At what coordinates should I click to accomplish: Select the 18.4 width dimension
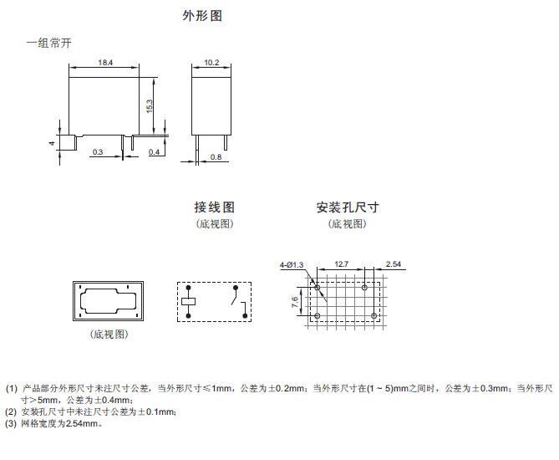(x=105, y=63)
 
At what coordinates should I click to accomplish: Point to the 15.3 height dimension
(x=149, y=105)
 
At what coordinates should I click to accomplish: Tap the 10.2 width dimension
(x=211, y=63)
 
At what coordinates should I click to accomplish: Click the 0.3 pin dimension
(x=99, y=151)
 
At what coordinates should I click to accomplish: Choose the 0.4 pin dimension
(x=155, y=151)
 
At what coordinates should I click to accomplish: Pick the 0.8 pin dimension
(x=216, y=157)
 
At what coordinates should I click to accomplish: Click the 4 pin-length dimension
(x=52, y=143)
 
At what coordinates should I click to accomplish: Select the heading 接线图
(x=215, y=207)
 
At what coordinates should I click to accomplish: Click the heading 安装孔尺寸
(x=347, y=207)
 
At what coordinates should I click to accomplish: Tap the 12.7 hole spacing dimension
(x=341, y=264)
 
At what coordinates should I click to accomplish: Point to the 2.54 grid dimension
(x=394, y=264)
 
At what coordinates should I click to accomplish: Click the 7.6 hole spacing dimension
(x=295, y=302)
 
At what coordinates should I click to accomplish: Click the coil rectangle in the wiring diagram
(x=191, y=299)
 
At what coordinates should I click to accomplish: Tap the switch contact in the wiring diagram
(x=237, y=299)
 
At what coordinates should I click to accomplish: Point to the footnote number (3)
(x=11, y=424)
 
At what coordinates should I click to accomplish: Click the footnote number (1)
(x=11, y=389)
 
